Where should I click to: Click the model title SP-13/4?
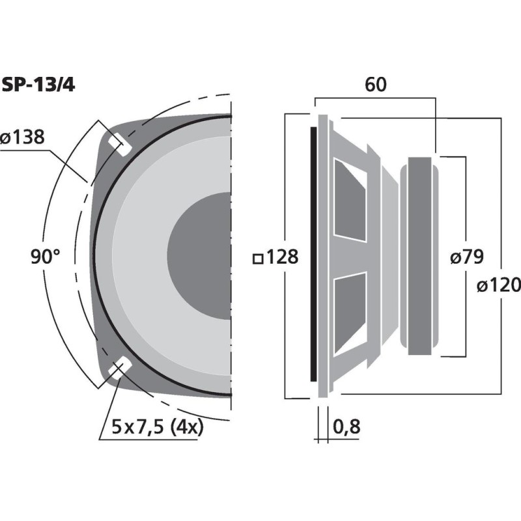[38, 85]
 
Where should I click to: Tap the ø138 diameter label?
[22, 137]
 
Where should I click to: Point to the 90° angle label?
[46, 257]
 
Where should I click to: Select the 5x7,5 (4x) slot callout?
[157, 427]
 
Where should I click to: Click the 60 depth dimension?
[376, 85]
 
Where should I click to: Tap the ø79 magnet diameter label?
[467, 257]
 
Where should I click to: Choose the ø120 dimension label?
[498, 285]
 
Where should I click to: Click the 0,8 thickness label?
[346, 427]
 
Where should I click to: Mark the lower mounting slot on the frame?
[120, 367]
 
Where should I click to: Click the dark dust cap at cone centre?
[199, 256]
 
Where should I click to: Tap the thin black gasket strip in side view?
[313, 254]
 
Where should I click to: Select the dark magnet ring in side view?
[420, 256]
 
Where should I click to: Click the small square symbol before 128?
[258, 259]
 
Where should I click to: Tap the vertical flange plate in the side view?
[323, 256]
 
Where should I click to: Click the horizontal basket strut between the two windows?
[349, 257]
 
